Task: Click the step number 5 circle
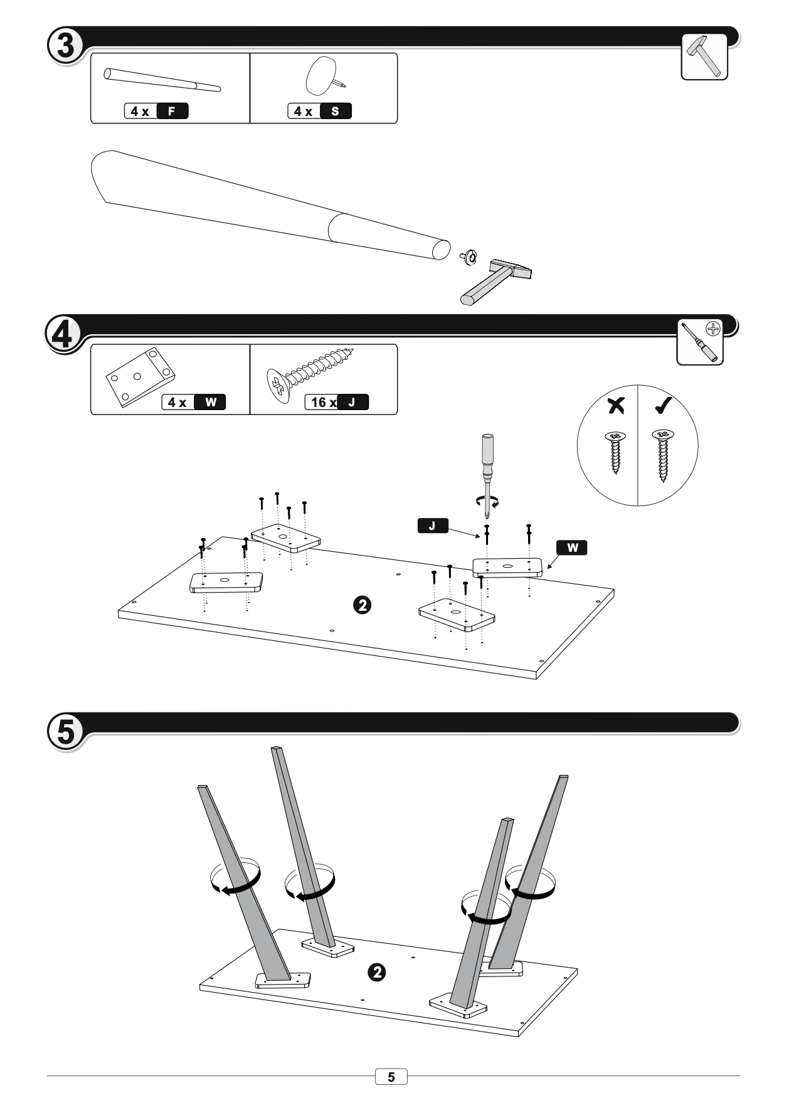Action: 66,731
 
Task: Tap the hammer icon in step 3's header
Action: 704,56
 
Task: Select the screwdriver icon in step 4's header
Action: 700,342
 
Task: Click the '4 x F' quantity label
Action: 157,112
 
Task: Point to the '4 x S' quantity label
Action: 320,112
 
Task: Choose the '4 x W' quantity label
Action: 194,403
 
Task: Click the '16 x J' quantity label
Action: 337,403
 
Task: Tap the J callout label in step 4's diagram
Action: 433,526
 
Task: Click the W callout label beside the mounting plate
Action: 572,547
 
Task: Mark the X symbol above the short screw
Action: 616,406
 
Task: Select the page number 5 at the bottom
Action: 391,1077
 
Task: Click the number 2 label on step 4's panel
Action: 363,605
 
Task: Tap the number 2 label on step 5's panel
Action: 376,973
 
